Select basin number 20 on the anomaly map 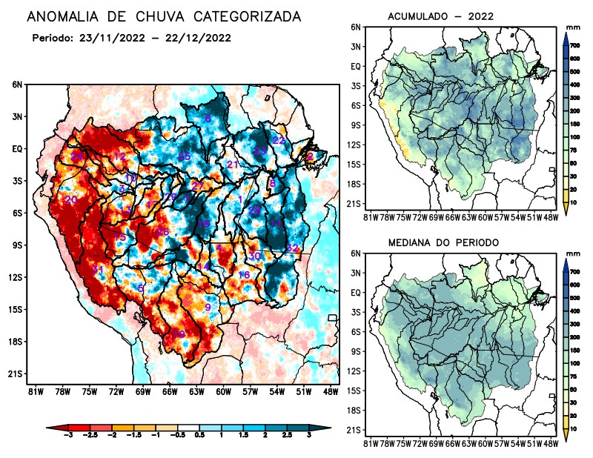click(71, 200)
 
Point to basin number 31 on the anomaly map click(98, 268)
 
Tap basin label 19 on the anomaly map click(179, 334)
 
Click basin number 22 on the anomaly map click(279, 140)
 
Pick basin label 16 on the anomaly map click(243, 275)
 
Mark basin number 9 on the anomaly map click(208, 307)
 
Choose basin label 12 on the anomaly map click(120, 156)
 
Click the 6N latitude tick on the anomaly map click(17, 84)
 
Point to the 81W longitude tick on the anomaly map click(34, 391)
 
